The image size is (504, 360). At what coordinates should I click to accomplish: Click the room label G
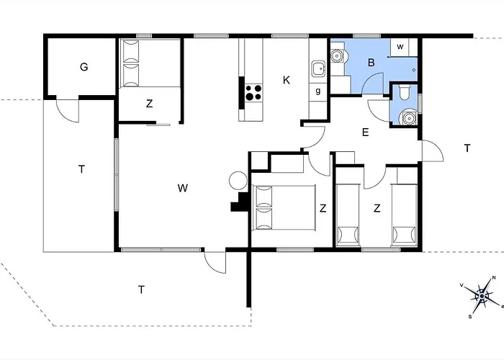coord(84,67)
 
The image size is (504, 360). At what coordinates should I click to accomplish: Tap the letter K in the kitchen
coord(287,80)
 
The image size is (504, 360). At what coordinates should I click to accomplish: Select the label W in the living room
coord(183,188)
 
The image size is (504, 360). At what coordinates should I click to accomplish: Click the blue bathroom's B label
coord(372,63)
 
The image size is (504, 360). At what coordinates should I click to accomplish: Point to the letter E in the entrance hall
coord(365,132)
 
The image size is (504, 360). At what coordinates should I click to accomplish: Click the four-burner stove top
coord(253,93)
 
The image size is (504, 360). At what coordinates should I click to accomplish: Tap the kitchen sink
coord(318,69)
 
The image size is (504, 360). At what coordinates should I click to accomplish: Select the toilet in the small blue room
coord(404,92)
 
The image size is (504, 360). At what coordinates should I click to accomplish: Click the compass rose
coord(482,296)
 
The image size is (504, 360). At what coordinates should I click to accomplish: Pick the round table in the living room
coord(238,181)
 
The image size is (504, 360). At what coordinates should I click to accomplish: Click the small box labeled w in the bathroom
coord(400,47)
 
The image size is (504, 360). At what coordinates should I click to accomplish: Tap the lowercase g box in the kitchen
coord(318,91)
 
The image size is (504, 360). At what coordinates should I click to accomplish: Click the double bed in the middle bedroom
coord(284,207)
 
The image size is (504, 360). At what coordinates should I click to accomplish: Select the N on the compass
coord(494,279)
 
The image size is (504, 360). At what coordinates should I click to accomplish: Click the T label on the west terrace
coord(81,169)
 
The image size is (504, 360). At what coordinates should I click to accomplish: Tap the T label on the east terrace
coord(467,148)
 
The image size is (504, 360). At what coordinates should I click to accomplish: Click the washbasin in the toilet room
coord(409,117)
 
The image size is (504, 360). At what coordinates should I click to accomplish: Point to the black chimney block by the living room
coord(240,202)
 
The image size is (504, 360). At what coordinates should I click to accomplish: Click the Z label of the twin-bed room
coord(377,208)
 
